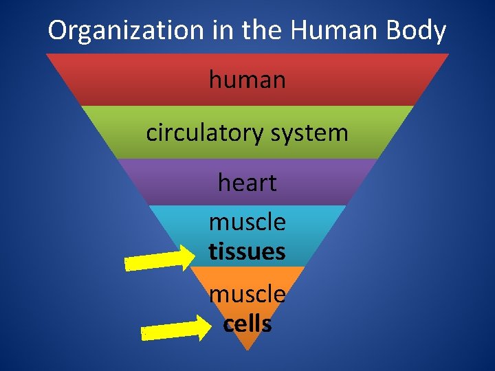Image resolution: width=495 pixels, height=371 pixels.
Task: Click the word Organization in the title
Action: pos(126,31)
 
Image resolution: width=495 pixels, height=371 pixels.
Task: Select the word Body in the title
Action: pos(415,31)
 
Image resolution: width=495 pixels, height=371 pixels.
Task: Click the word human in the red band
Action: pos(247,80)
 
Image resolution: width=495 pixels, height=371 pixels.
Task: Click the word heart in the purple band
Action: pos(247,183)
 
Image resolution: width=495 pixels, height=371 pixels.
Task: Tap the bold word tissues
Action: pos(247,252)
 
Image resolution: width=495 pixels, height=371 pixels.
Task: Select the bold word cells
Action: pos(247,324)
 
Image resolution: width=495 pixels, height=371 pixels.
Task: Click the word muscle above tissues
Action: pos(247,223)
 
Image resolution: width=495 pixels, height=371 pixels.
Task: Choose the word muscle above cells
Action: pos(247,295)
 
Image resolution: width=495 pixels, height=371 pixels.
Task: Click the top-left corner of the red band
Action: pos(47,54)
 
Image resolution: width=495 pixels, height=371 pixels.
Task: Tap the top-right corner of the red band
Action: pos(448,54)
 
